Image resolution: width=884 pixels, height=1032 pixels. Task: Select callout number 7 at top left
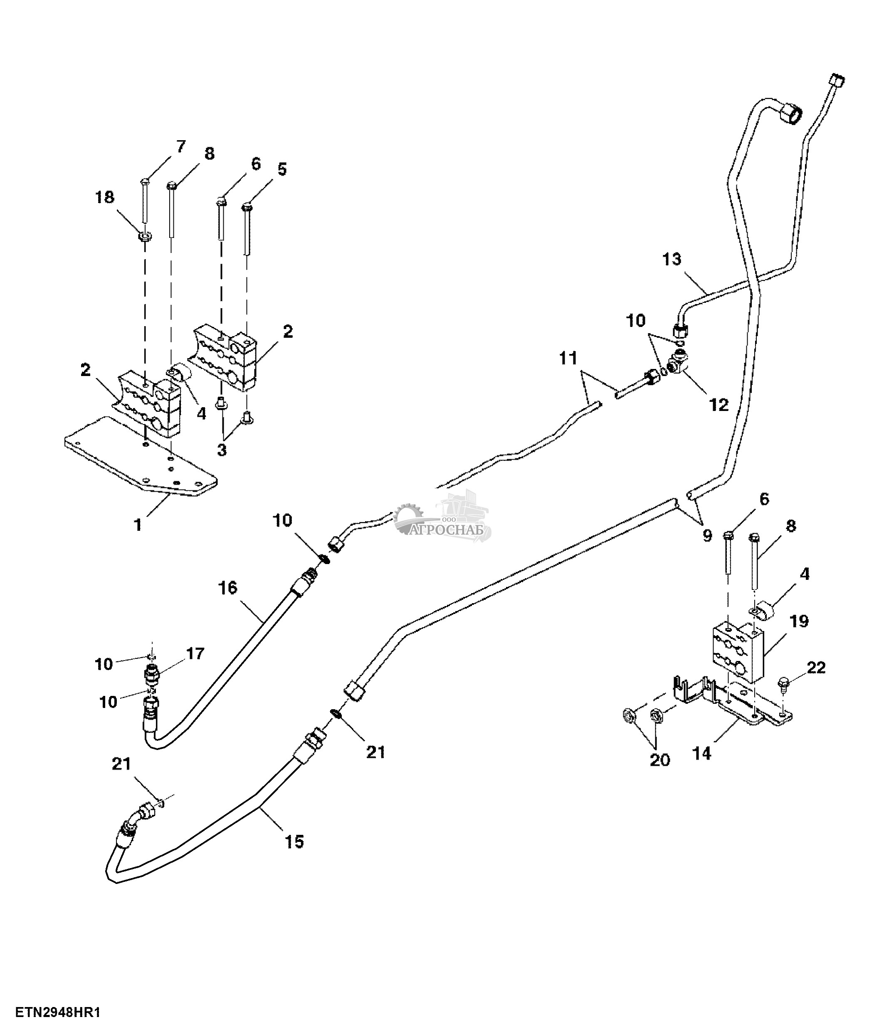pos(180,146)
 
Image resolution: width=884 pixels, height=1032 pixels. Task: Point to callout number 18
pos(105,197)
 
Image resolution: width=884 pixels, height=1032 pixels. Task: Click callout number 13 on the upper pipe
pos(672,260)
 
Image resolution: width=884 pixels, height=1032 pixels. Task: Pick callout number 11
pos(568,358)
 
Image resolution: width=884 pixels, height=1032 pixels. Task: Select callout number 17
pos(195,653)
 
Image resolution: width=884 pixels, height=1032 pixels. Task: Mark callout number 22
pos(816,668)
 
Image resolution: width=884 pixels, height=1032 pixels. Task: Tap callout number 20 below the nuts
pos(660,760)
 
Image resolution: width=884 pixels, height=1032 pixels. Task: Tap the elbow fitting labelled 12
pos(679,363)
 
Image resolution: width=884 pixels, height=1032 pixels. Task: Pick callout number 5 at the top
pos(282,169)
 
